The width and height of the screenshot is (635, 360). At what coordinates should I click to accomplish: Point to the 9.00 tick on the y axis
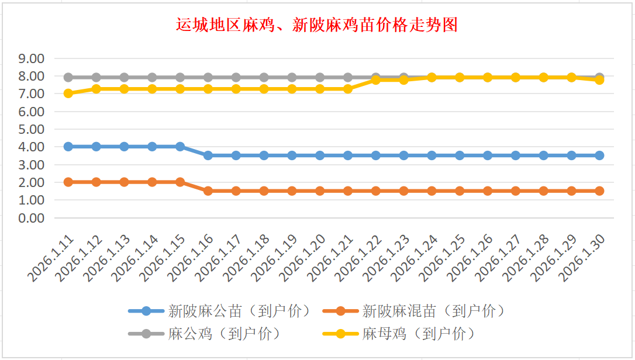tap(32, 58)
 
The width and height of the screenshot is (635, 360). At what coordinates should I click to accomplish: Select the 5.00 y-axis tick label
tap(32, 129)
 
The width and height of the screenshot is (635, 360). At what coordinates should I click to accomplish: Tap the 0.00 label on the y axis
tap(32, 218)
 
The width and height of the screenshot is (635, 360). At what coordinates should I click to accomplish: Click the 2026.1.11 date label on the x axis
tap(53, 258)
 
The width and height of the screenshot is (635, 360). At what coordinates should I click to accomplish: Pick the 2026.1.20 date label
tap(304, 258)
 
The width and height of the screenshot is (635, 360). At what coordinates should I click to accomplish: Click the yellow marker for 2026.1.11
tap(68, 93)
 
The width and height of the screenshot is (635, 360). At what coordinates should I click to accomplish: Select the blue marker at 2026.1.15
tap(180, 147)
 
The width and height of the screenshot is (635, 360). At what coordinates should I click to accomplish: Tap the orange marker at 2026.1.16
tap(208, 191)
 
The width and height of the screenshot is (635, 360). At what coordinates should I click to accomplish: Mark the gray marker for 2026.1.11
tap(68, 77)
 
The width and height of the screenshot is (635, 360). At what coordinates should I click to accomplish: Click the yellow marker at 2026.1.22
tap(376, 80)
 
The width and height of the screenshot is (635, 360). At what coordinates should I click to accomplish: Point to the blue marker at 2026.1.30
tap(599, 155)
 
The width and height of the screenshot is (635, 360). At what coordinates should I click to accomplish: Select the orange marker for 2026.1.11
tap(68, 182)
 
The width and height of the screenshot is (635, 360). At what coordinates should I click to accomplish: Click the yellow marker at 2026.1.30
tap(599, 80)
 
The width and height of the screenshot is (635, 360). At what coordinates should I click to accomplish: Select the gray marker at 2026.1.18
tap(264, 77)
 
